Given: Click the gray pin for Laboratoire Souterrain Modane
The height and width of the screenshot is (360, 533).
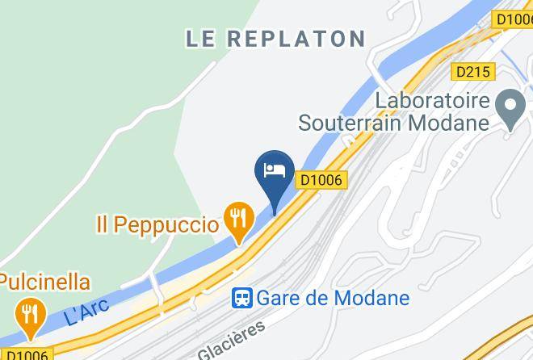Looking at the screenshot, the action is coord(510,109).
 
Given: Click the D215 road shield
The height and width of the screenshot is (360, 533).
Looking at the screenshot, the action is coord(473,72).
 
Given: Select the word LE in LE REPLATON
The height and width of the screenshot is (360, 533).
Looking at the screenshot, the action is coord(204,38).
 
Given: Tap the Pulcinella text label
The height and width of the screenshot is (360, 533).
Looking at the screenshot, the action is coord(44,282).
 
